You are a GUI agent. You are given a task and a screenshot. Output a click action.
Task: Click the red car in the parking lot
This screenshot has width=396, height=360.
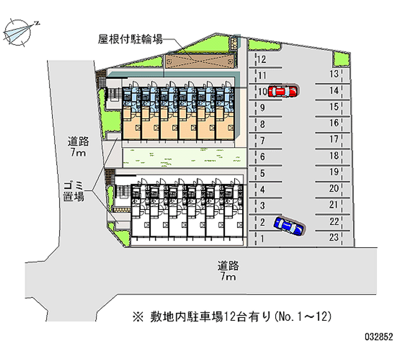(284, 91)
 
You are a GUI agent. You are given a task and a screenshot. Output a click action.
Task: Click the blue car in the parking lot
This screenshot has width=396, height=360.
(289, 226)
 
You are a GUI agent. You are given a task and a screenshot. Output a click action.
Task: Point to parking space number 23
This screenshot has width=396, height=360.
(334, 238)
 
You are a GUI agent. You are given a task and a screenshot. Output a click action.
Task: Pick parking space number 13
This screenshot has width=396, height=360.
(334, 74)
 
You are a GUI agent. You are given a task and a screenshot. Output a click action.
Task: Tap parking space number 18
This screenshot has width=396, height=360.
(334, 156)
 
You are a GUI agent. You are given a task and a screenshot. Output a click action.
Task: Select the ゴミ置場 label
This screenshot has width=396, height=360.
(73, 191)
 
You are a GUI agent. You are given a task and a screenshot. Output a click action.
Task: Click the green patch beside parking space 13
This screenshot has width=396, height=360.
(341, 58)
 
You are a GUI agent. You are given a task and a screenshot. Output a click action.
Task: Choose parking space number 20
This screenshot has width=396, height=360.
(334, 189)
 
